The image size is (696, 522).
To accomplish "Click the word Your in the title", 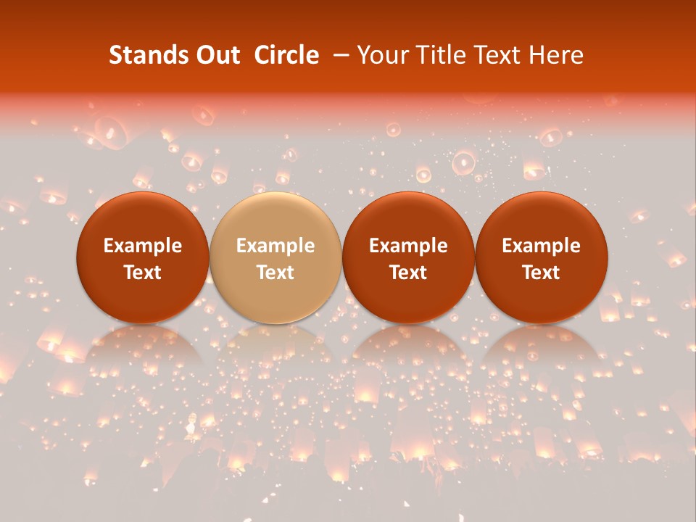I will [381, 55].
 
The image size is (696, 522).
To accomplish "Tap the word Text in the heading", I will [499, 55].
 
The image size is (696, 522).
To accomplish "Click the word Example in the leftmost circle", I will [143, 246].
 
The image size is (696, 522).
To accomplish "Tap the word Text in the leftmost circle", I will [143, 273].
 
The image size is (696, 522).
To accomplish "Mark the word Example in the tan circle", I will [275, 246].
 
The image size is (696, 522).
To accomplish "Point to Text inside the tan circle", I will [275, 273].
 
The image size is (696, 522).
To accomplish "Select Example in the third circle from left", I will [408, 246].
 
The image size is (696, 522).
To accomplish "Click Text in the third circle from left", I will [408, 273].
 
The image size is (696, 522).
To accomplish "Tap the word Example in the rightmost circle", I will [542, 246].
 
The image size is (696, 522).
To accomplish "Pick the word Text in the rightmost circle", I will [542, 273].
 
